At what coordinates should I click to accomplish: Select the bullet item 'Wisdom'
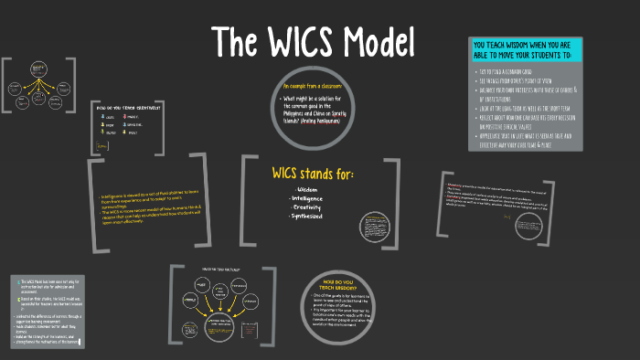pos(307,190)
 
